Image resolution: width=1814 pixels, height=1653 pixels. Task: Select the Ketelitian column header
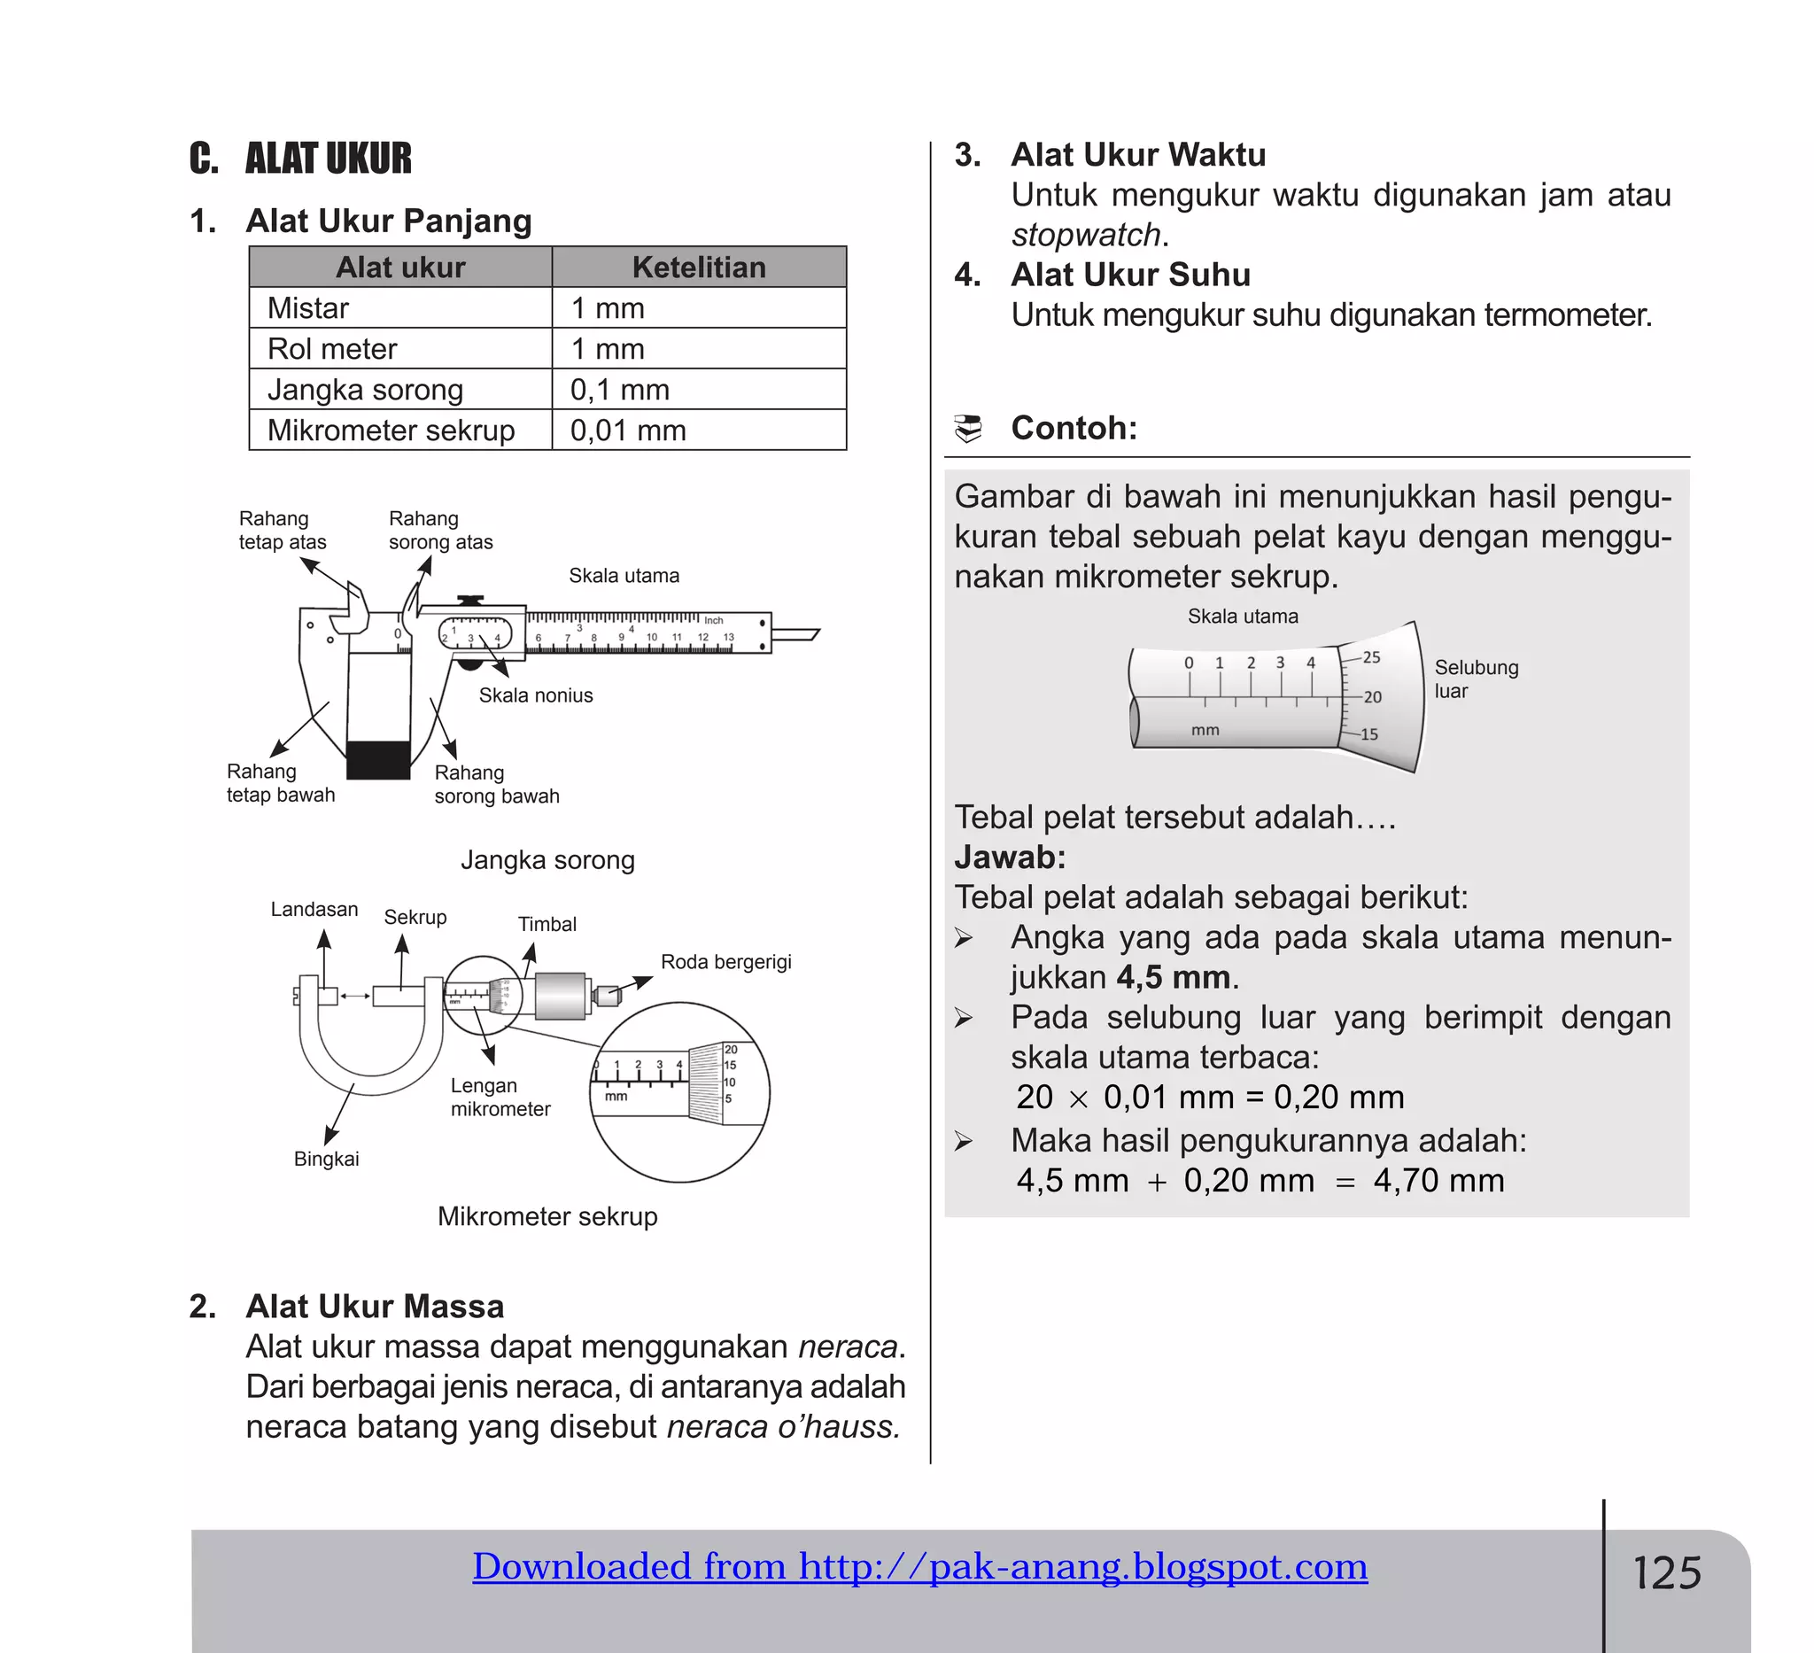click(x=698, y=268)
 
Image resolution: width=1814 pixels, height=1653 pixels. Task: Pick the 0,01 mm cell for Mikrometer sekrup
click(x=628, y=431)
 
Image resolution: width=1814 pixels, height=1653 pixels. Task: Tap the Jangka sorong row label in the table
click(x=364, y=390)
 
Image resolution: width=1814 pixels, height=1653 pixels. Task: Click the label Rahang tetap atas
click(x=282, y=530)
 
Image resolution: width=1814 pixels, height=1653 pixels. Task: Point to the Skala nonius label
click(x=535, y=695)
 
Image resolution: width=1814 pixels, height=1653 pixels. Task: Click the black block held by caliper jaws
click(x=378, y=760)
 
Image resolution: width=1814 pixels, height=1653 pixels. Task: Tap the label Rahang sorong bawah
click(x=496, y=784)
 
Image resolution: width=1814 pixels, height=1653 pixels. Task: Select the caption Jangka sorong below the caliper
click(x=547, y=859)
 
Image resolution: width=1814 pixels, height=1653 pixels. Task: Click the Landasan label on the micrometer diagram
click(x=314, y=909)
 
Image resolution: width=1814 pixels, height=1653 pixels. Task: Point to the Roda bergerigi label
click(x=725, y=962)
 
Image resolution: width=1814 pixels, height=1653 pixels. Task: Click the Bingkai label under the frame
click(x=326, y=1159)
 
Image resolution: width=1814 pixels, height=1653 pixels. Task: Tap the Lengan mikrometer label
click(x=500, y=1097)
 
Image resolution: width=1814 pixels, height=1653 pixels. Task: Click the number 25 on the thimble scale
click(x=1371, y=657)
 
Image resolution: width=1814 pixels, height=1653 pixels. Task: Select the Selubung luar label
click(x=1476, y=679)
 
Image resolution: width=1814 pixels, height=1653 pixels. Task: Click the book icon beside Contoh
click(x=968, y=429)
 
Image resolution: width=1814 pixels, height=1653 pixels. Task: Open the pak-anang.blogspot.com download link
click(x=919, y=1566)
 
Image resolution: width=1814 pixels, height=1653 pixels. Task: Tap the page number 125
click(x=1666, y=1574)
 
